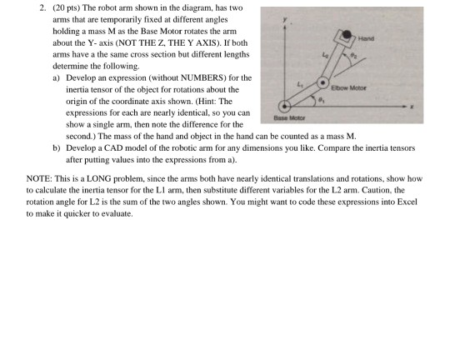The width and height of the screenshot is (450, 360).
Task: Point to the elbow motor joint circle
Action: pyautogui.click(x=322, y=82)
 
